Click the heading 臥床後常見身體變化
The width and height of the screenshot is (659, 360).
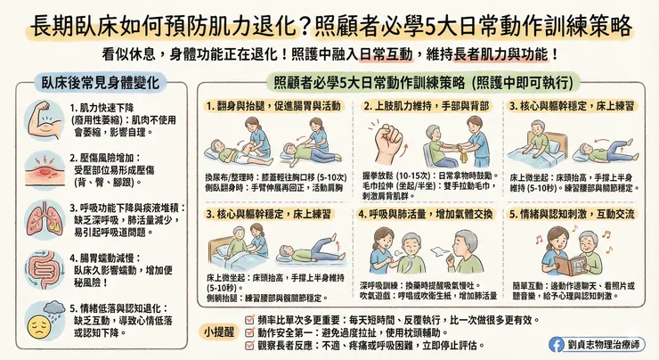101,83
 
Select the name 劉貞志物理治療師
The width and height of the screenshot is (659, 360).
609,343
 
